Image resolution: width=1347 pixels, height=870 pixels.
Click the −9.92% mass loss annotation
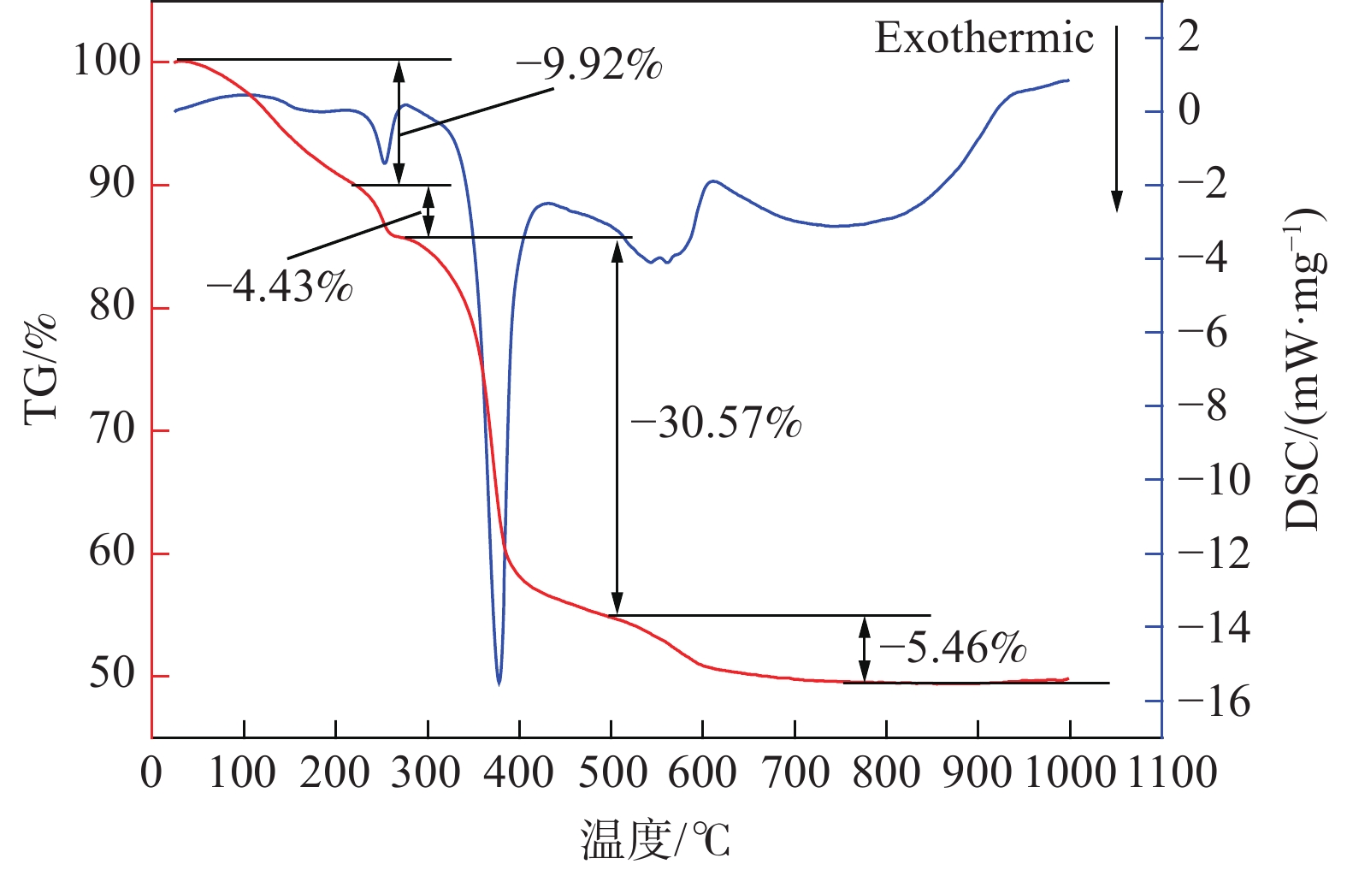pyautogui.click(x=589, y=64)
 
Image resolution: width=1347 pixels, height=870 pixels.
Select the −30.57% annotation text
pyautogui.click(x=716, y=423)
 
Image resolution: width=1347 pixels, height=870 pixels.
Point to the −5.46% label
pyautogui.click(x=953, y=648)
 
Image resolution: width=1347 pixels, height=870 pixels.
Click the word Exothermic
pyautogui.click(x=984, y=38)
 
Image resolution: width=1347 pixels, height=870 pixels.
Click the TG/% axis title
pyautogui.click(x=39, y=368)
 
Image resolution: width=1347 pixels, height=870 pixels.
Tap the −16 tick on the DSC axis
pyautogui.click(x=1214, y=701)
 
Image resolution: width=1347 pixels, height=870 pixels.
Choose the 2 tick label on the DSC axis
pyautogui.click(x=1190, y=37)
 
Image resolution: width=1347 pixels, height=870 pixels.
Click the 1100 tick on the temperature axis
pyautogui.click(x=1173, y=772)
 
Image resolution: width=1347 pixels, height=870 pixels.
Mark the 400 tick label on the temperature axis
pyautogui.click(x=519, y=772)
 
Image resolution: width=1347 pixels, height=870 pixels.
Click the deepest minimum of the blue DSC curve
pyautogui.click(x=499, y=682)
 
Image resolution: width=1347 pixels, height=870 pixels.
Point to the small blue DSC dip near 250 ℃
pyautogui.click(x=384, y=161)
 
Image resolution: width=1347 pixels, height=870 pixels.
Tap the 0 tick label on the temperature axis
pyautogui.click(x=151, y=772)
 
